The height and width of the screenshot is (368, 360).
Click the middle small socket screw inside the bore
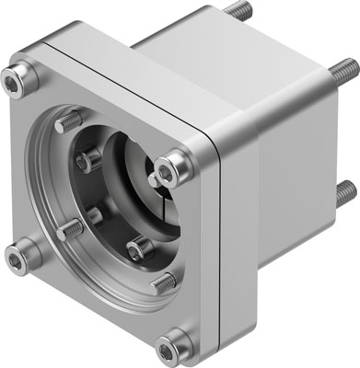click(93, 215)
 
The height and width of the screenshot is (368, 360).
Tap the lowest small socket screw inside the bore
click(137, 248)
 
